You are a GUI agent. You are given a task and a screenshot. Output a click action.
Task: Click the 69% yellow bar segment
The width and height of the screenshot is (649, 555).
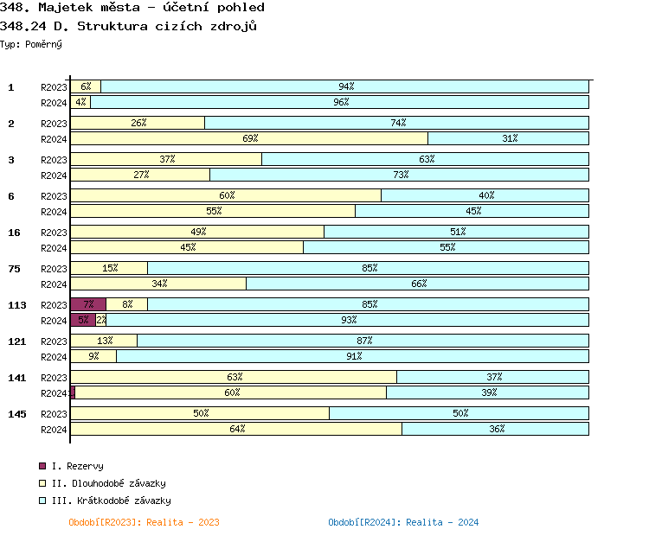(x=249, y=138)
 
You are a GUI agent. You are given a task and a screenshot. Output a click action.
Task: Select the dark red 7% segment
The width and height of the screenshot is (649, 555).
(x=88, y=304)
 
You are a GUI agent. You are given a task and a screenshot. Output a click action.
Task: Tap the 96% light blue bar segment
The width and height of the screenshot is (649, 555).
(x=339, y=102)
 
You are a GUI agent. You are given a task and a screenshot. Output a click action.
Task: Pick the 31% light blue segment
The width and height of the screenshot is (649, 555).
(x=509, y=138)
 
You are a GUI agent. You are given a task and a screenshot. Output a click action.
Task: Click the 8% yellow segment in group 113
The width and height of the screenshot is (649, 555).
(x=127, y=304)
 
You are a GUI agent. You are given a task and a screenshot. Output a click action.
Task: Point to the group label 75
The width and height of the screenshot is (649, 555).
(x=14, y=269)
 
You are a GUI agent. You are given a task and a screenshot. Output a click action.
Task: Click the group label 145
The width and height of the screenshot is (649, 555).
(x=16, y=414)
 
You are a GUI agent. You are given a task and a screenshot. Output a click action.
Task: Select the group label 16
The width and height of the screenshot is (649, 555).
(x=14, y=233)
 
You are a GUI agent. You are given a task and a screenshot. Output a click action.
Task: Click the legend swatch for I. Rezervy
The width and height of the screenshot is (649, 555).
(x=42, y=466)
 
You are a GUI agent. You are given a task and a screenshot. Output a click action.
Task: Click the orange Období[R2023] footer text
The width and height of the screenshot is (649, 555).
(x=144, y=522)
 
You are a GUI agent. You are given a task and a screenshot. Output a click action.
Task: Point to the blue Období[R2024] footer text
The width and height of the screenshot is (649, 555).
(x=403, y=522)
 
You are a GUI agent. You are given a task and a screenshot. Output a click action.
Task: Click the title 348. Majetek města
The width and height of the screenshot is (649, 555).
(x=132, y=7)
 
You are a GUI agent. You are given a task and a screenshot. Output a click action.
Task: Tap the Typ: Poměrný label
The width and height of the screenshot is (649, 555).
(x=31, y=43)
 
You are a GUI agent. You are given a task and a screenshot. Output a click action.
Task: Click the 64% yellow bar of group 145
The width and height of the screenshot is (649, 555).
(x=236, y=429)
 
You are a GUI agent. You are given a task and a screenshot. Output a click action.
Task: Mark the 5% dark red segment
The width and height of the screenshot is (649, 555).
(x=82, y=320)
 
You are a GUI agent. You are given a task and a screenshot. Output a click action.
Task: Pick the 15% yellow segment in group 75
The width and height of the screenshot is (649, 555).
(x=109, y=268)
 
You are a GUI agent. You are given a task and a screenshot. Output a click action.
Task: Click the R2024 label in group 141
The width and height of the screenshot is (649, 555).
(x=54, y=393)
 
